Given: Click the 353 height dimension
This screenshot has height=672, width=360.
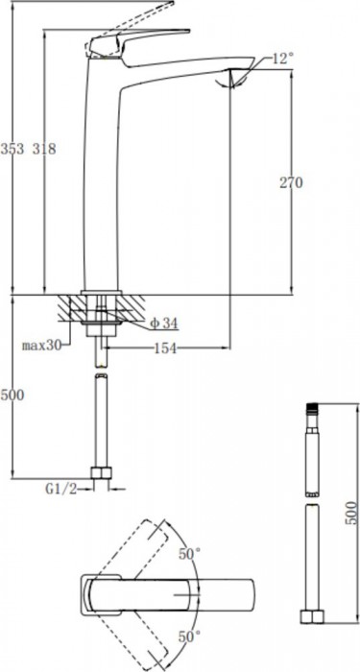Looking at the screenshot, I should [x=12, y=149].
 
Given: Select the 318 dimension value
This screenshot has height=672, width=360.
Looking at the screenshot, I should [x=44, y=149].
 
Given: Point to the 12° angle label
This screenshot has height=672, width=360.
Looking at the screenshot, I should [x=282, y=60].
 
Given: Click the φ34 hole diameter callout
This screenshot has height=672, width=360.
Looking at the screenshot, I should [x=162, y=322].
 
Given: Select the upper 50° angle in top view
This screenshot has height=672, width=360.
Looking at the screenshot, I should [x=190, y=554].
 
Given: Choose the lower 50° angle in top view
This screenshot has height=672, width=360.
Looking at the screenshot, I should [x=190, y=636].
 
